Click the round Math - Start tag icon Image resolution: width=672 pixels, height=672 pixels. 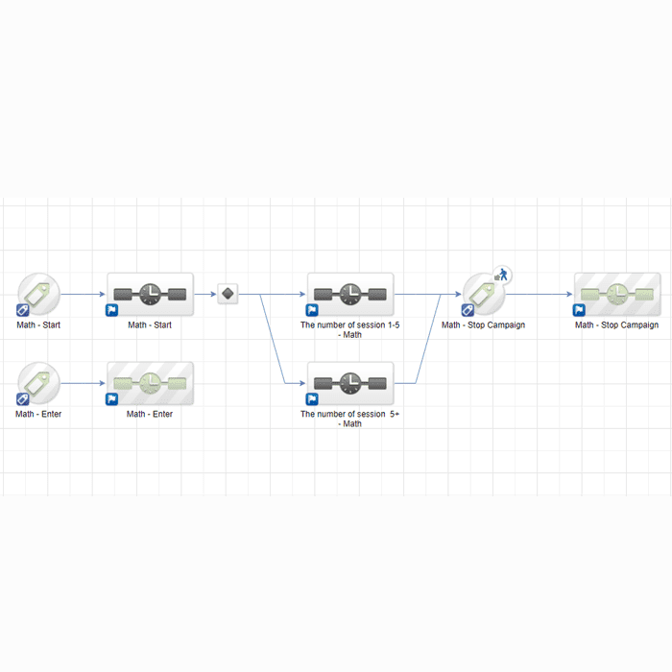38,294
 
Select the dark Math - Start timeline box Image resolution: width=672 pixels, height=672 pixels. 150,295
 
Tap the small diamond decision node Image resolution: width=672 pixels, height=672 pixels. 228,294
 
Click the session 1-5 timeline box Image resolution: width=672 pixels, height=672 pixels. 350,295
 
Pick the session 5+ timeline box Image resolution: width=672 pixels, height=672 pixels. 350,383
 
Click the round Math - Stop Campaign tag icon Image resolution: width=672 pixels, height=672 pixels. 484,294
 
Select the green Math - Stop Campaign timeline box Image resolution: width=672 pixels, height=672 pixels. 617,295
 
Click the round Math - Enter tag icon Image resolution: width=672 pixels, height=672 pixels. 38,383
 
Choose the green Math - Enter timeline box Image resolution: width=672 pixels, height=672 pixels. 150,383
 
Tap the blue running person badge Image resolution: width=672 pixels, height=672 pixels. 502,276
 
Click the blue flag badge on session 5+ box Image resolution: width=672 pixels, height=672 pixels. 312,399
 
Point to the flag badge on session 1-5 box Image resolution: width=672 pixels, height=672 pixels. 312,310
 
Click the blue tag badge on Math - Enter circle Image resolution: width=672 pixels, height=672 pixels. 22,399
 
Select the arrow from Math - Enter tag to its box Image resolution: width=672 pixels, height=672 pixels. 83,383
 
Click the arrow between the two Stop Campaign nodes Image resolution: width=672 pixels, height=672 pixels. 540,294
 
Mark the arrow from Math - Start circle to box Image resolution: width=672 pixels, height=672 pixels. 83,294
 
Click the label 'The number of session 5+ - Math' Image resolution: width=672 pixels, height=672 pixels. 349,419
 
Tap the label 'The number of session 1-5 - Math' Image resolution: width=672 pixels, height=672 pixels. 349,329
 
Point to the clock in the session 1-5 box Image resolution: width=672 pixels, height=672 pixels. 350,294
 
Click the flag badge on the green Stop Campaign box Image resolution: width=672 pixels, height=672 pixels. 579,310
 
